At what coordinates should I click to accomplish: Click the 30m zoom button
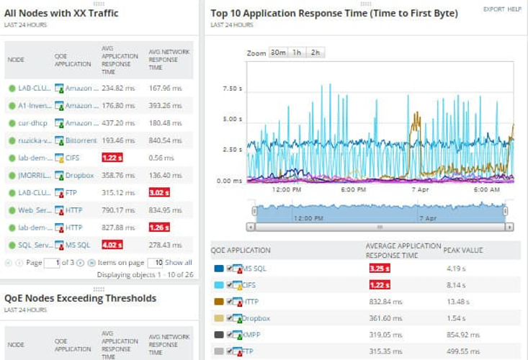tap(278, 53)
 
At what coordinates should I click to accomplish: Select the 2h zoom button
tap(315, 53)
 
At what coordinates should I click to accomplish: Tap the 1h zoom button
tap(297, 53)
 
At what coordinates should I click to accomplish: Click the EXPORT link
tap(493, 9)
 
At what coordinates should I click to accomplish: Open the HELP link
tap(514, 9)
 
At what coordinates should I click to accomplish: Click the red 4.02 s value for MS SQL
tap(113, 246)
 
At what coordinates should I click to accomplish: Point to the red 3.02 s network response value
tap(158, 193)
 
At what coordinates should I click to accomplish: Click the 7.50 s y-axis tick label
tap(232, 89)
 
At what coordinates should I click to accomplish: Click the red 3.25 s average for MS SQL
tap(379, 269)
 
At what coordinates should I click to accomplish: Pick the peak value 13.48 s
tap(457, 302)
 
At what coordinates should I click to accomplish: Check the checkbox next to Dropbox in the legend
tap(230, 318)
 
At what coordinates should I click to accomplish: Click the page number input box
tap(51, 263)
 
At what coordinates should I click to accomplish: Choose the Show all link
tap(179, 263)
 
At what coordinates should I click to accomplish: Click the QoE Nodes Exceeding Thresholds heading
tap(80, 298)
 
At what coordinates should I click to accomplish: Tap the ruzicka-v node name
tap(33, 140)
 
